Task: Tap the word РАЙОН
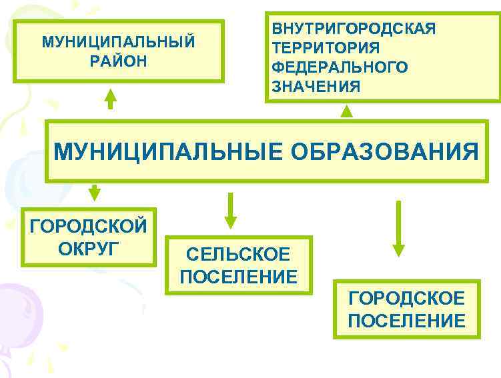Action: click(119, 61)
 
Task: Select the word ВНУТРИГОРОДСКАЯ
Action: click(354, 29)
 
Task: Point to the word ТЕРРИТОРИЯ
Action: click(326, 48)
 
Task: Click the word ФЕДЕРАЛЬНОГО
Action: click(340, 67)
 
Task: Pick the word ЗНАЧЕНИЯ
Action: click(316, 87)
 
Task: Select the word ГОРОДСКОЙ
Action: click(89, 227)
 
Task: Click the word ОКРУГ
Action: click(89, 249)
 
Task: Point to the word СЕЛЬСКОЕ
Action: click(238, 255)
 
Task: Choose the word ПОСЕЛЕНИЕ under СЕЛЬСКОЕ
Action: click(238, 276)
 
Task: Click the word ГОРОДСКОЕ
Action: click(406, 298)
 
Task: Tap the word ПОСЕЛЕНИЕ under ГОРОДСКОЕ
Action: click(406, 320)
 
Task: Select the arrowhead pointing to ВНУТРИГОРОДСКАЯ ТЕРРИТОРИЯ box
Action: click(346, 111)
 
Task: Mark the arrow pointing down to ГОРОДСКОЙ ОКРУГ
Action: click(95, 192)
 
